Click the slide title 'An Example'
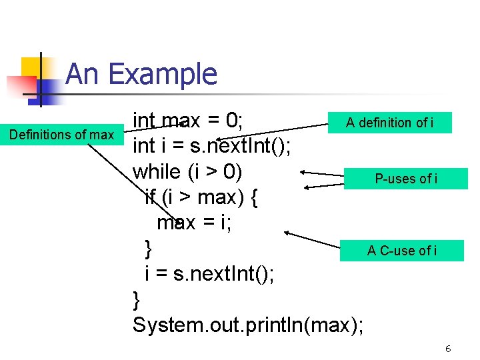click(141, 74)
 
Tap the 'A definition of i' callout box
click(389, 123)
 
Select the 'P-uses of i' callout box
click(406, 179)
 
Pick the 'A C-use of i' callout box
click(402, 251)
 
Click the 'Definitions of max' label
click(61, 135)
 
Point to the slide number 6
click(449, 349)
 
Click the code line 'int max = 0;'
click(187, 121)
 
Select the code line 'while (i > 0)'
click(187, 171)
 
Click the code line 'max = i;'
click(194, 223)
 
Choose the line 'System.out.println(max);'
click(248, 325)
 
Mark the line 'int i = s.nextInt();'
click(211, 146)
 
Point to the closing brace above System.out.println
click(137, 299)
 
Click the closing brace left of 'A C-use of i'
click(149, 249)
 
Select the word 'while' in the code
click(157, 171)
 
